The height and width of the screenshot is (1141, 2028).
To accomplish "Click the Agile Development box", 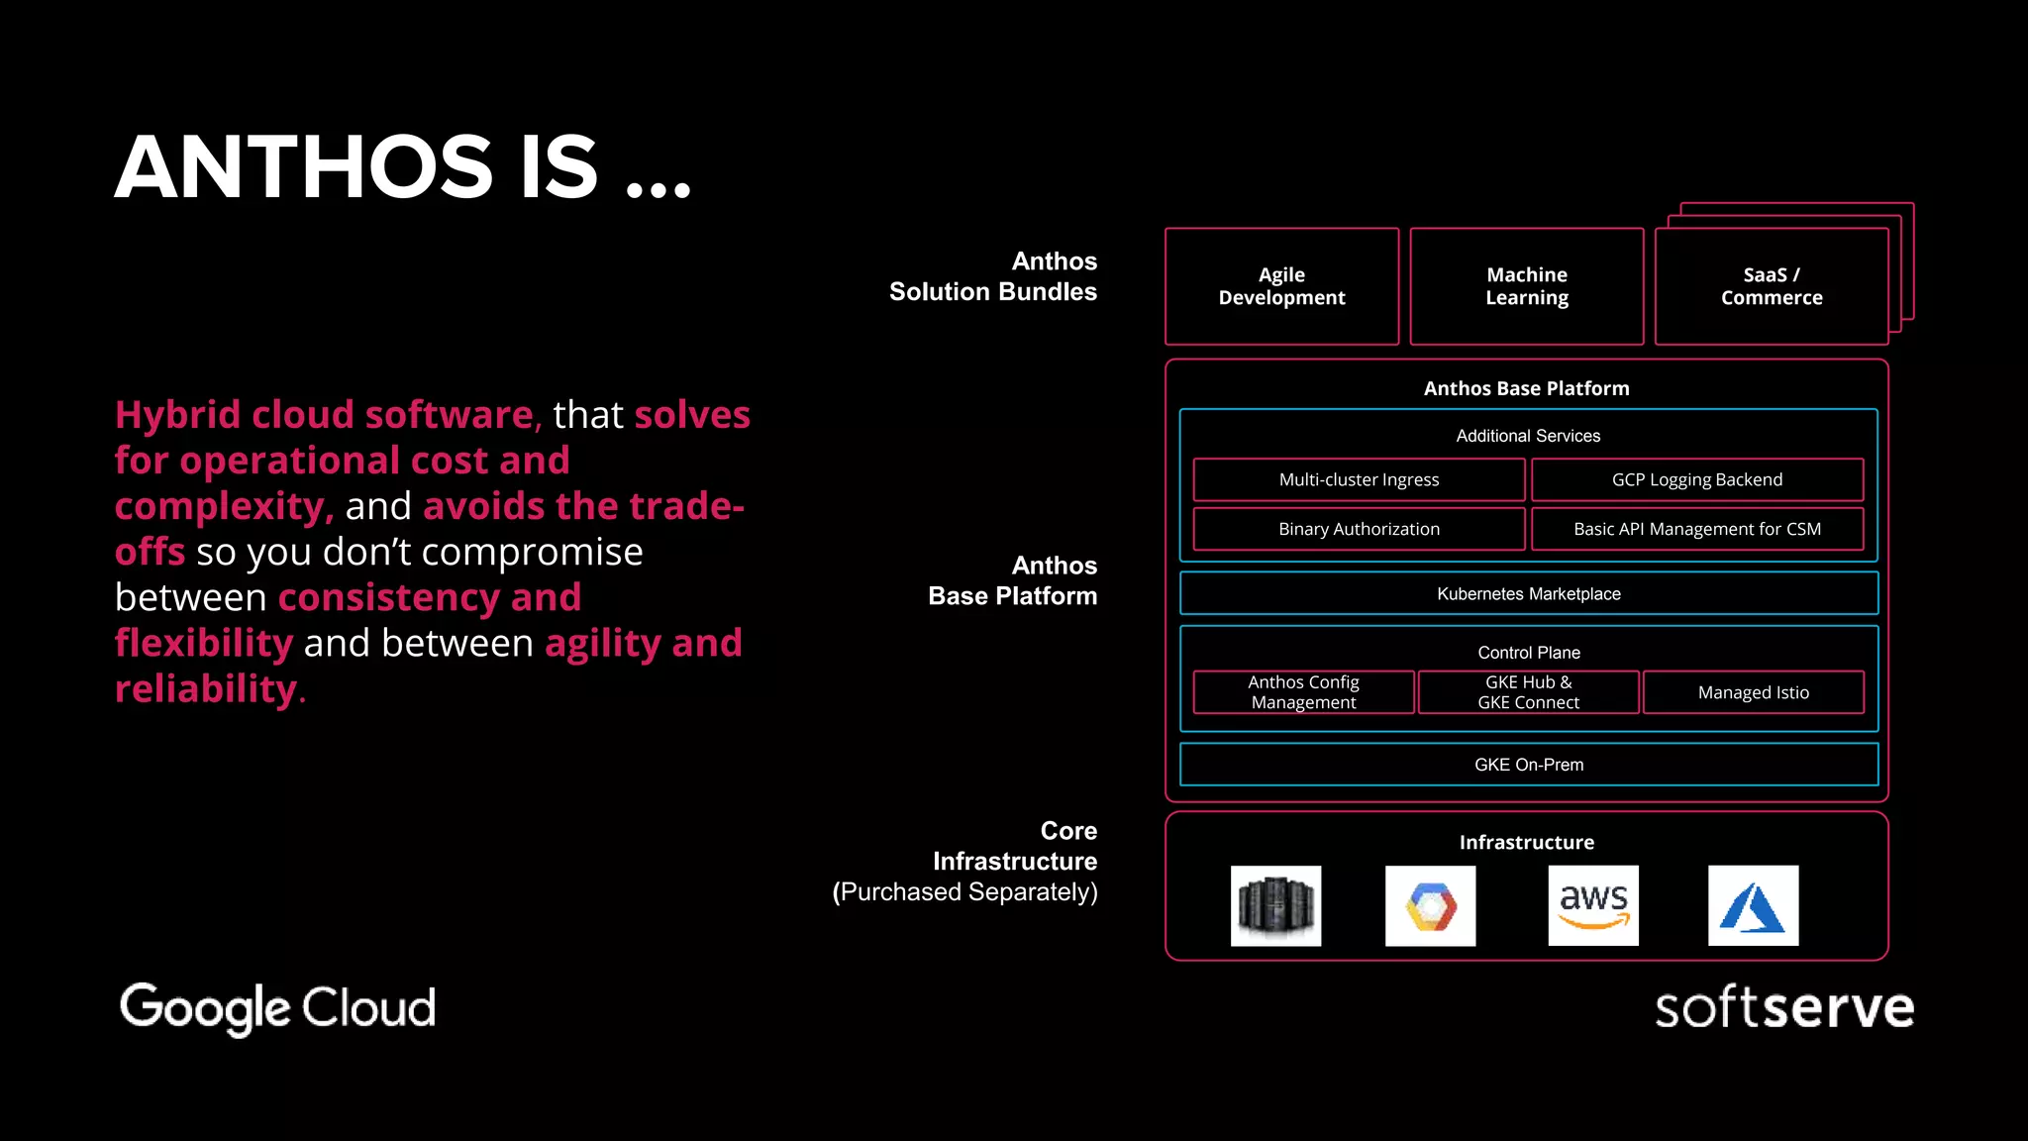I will [1281, 286].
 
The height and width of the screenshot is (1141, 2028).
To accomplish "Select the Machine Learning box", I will [1526, 286].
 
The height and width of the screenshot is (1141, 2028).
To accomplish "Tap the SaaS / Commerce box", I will [1771, 286].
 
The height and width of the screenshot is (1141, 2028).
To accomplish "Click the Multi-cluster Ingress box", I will [1359, 479].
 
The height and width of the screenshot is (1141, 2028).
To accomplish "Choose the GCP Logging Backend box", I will [1696, 479].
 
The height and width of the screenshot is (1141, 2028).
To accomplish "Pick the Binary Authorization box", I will [1359, 529].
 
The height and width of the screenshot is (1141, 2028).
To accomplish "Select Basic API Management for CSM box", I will [1696, 529].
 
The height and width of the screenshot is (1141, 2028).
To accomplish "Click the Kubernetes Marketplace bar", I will [1528, 593].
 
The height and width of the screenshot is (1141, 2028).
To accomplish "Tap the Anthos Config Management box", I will [1303, 692].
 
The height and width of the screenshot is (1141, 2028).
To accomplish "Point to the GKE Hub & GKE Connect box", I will [1528, 692].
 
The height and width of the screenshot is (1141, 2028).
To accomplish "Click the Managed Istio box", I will [1753, 692].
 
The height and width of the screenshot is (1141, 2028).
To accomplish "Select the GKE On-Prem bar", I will [1528, 765].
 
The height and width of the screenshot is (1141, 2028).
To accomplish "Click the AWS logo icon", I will [1593, 905].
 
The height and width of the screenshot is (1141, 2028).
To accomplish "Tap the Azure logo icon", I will [1753, 905].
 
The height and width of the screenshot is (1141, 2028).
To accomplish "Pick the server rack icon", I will [1275, 905].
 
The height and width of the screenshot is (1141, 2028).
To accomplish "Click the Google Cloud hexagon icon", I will [1430, 905].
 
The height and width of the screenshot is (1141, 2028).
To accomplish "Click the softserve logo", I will [1783, 1008].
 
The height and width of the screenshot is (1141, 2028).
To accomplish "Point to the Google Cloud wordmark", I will [277, 1008].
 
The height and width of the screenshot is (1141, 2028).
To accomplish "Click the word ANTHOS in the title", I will [304, 167].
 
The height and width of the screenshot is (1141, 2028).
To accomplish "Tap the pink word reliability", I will [206, 688].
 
